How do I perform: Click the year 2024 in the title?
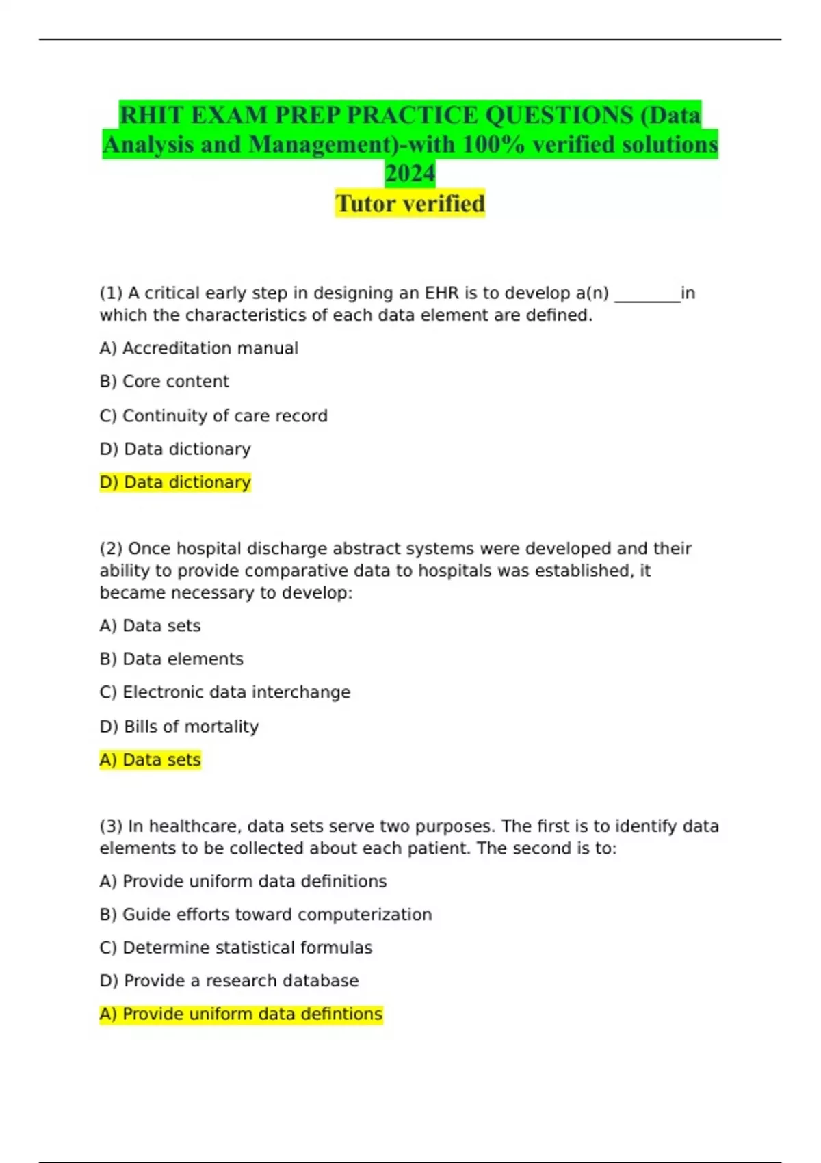[410, 174]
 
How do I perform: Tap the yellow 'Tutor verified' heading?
[410, 204]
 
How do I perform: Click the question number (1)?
[111, 293]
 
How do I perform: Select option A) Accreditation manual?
[198, 348]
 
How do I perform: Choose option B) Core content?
[164, 382]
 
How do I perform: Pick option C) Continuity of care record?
[213, 416]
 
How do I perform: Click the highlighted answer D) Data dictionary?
[175, 482]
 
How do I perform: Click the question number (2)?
[111, 549]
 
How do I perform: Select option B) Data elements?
[171, 659]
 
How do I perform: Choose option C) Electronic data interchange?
[224, 692]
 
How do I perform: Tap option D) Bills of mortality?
[179, 727]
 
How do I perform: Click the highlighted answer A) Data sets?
[150, 760]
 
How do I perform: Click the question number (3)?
[111, 826]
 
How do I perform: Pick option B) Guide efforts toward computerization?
[265, 915]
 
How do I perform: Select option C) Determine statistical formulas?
[235, 948]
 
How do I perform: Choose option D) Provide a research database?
[229, 981]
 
